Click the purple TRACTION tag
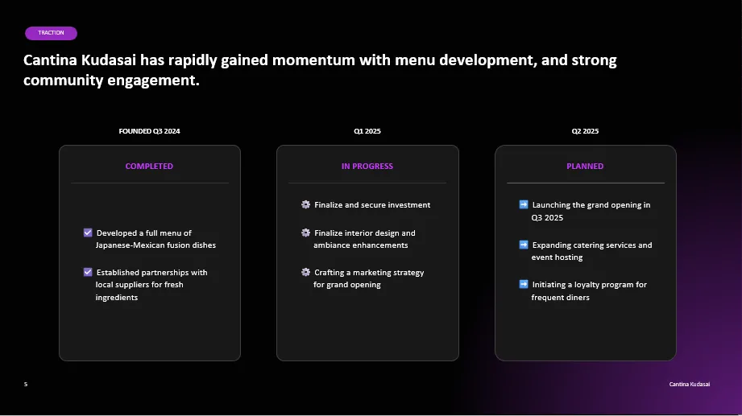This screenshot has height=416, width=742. (51, 33)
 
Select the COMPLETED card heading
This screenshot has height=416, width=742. (149, 166)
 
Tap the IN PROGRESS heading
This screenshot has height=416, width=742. (367, 166)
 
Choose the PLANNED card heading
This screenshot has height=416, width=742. (585, 166)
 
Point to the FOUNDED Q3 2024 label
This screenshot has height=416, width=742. (149, 131)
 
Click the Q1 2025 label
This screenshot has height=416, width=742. (367, 131)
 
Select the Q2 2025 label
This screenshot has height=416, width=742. (585, 131)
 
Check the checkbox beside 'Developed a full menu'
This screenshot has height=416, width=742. (88, 233)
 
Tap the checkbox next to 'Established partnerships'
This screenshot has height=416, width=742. (88, 272)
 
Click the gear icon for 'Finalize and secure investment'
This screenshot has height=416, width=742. (305, 204)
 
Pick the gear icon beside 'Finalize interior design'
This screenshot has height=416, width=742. (305, 233)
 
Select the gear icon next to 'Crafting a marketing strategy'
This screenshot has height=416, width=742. (305, 272)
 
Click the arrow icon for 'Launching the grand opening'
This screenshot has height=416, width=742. (524, 204)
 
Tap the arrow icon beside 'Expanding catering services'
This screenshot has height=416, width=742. (524, 245)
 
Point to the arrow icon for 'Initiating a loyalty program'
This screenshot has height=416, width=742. (524, 284)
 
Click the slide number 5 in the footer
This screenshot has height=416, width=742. (26, 385)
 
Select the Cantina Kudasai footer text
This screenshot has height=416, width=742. (690, 385)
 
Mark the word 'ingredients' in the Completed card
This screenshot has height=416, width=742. (116, 298)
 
